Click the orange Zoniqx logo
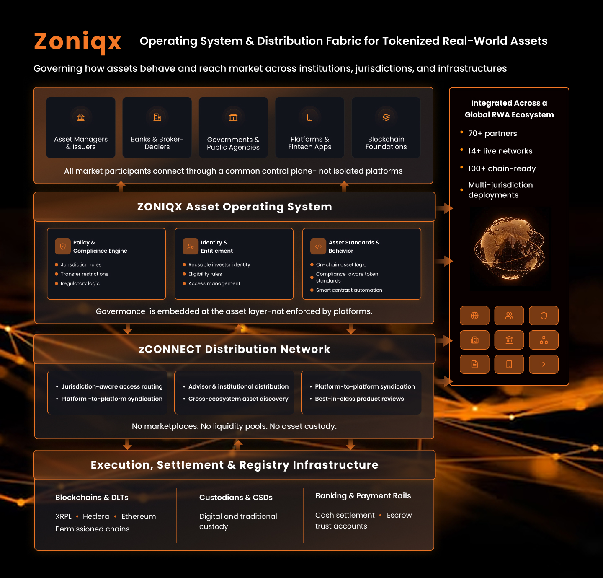point(77,41)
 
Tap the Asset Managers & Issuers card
point(81,127)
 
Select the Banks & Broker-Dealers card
point(157,127)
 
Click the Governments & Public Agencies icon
point(233,117)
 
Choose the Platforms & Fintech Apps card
point(310,127)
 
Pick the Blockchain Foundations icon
point(386,117)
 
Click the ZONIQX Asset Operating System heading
point(234,207)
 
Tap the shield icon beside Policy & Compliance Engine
point(63,246)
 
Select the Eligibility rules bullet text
point(205,274)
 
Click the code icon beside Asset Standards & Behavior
point(318,246)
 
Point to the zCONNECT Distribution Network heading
point(234,349)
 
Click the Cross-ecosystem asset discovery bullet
point(238,399)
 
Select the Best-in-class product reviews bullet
point(359,399)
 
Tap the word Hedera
point(96,516)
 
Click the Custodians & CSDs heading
point(236,498)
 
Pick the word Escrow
point(399,515)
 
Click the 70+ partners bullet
point(492,133)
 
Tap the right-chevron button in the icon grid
point(544,364)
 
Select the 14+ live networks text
point(500,151)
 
